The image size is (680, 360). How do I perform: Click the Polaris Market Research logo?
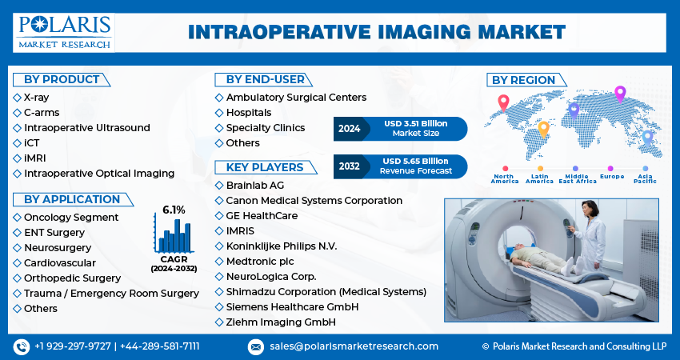pyautogui.click(x=64, y=33)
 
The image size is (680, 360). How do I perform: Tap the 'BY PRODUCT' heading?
pyautogui.click(x=62, y=79)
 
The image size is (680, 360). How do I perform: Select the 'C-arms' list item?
pyautogui.click(x=42, y=113)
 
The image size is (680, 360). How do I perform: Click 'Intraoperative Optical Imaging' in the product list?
pyautogui.click(x=99, y=174)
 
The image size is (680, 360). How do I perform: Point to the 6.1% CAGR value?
pyautogui.click(x=174, y=210)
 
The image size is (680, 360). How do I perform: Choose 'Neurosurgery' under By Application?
pyautogui.click(x=58, y=248)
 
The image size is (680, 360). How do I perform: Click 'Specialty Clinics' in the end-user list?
pyautogui.click(x=266, y=128)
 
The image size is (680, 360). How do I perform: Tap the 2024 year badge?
pyautogui.click(x=350, y=129)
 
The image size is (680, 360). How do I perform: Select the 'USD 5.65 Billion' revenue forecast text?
pyautogui.click(x=415, y=161)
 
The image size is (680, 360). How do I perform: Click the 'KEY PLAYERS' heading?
pyautogui.click(x=265, y=167)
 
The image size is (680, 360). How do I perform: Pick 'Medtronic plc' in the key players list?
pyautogui.click(x=260, y=262)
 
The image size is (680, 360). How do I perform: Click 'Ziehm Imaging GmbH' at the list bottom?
pyautogui.click(x=281, y=322)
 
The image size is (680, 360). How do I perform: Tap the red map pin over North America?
pyautogui.click(x=503, y=103)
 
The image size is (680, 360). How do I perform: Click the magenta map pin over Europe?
pyautogui.click(x=620, y=94)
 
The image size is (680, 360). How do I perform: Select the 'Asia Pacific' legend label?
pyautogui.click(x=646, y=178)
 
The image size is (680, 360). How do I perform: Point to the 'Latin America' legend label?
pyautogui.click(x=540, y=178)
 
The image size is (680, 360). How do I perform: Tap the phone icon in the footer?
pyautogui.click(x=22, y=346)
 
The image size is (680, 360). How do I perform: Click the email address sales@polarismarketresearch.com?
pyautogui.click(x=354, y=346)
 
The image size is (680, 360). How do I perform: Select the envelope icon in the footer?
pyautogui.click(x=256, y=346)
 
